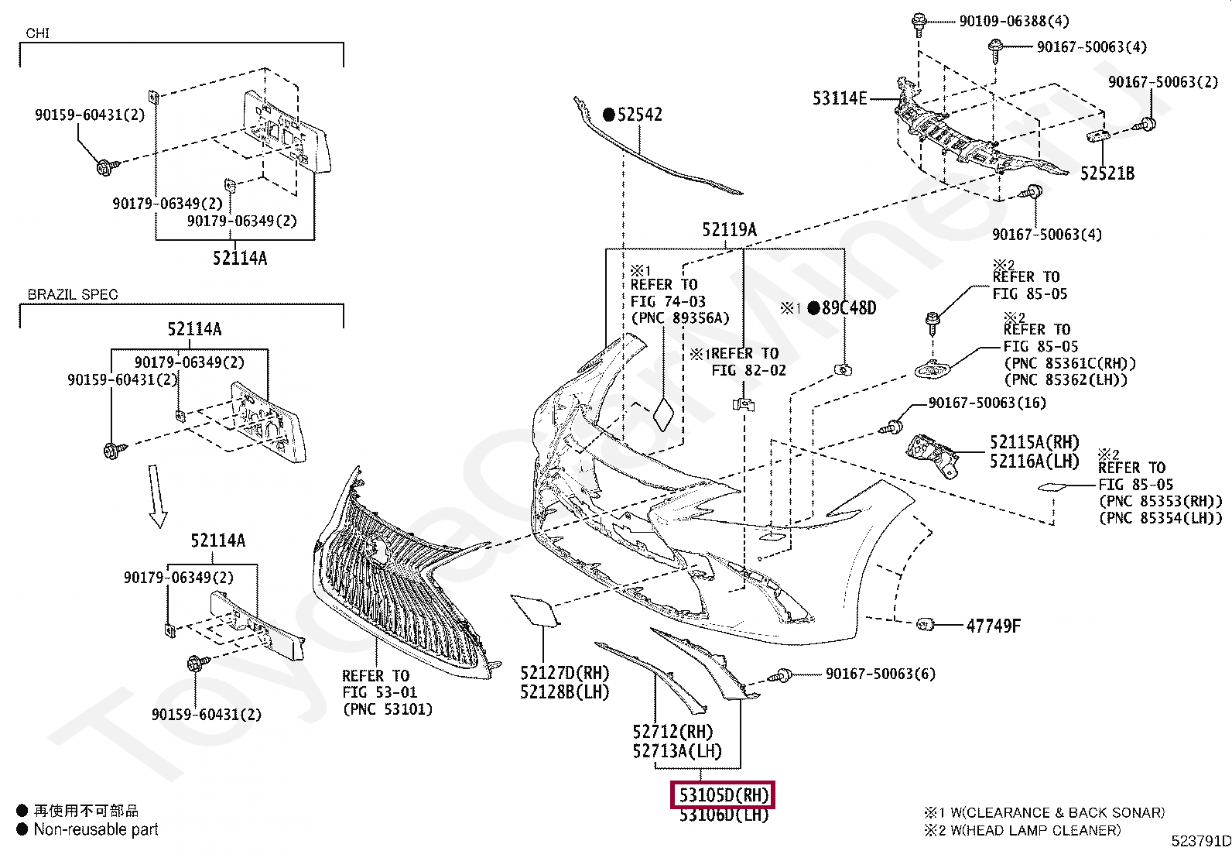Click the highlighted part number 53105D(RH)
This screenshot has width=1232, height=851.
tap(724, 794)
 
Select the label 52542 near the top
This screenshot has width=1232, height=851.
tap(640, 115)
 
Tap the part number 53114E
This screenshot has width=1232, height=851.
tap(840, 98)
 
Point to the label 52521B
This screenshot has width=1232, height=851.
tap(1107, 173)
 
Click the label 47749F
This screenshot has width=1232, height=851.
tap(994, 626)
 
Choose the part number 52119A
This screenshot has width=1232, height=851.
tap(729, 229)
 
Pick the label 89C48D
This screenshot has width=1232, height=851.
tap(849, 307)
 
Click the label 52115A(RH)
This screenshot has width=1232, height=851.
tap(1035, 442)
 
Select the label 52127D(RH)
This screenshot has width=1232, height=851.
tap(565, 673)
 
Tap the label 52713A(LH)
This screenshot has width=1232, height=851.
tap(677, 751)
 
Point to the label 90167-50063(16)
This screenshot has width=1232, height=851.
tap(987, 403)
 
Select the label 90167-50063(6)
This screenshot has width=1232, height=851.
tap(881, 674)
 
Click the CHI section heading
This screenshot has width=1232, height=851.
tap(37, 33)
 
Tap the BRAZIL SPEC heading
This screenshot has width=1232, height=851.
tap(73, 294)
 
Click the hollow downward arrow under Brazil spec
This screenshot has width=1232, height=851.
tap(156, 496)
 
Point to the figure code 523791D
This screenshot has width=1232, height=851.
tap(1201, 841)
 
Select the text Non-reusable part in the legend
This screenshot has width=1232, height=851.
tap(96, 829)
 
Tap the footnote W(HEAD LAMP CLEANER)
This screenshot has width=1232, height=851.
tap(1035, 830)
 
